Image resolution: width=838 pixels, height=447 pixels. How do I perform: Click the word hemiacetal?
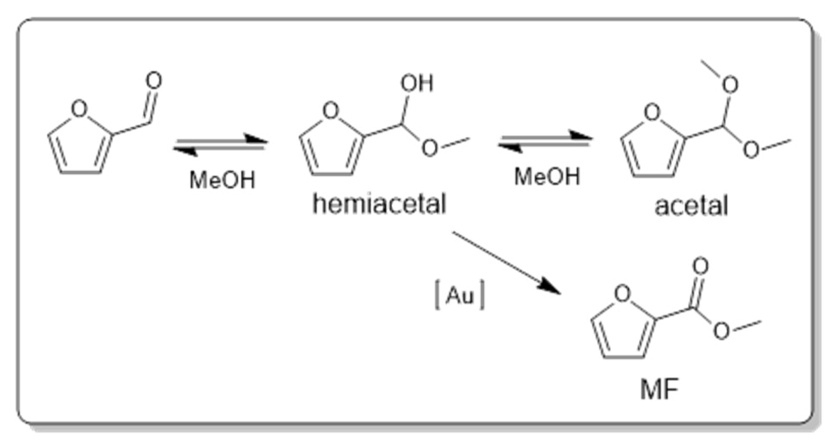(x=379, y=204)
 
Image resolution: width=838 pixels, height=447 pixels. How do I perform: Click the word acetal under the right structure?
(x=691, y=206)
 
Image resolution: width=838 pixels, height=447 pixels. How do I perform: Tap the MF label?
(x=659, y=390)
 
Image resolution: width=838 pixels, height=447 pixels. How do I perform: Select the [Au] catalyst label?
(x=460, y=295)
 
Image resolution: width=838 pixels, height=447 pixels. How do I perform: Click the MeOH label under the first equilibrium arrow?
(x=222, y=179)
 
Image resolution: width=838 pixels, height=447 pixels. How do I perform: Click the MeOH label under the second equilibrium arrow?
(x=547, y=176)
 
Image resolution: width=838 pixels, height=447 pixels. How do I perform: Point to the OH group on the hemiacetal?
(x=416, y=83)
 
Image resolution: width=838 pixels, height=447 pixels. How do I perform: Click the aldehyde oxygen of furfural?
(x=154, y=81)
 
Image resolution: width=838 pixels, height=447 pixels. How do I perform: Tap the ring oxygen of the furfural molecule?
(x=79, y=109)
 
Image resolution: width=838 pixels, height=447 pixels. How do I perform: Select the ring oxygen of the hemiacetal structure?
(x=331, y=110)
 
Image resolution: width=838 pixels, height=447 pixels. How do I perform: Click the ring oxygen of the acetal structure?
(x=652, y=112)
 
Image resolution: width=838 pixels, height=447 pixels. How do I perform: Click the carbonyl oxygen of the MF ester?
(x=700, y=266)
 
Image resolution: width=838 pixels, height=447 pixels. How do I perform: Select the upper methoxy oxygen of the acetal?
(x=730, y=85)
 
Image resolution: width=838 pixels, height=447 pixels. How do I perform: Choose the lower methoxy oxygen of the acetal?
(x=751, y=150)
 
